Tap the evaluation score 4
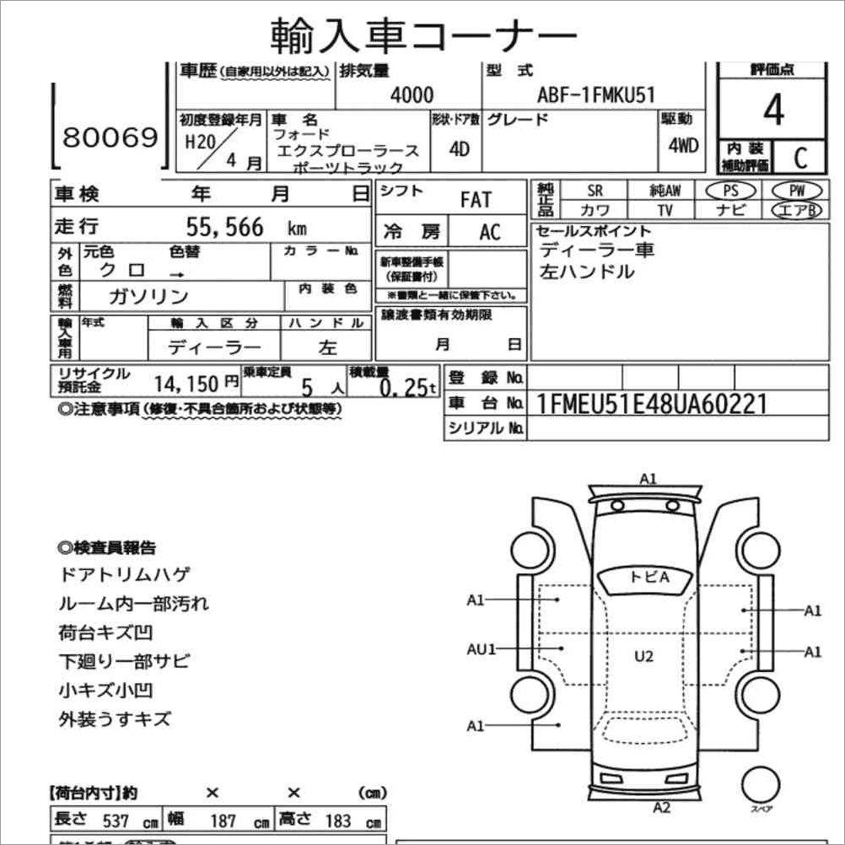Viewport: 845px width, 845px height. tap(772, 110)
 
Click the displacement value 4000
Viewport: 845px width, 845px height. tap(412, 95)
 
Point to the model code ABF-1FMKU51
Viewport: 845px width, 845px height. tap(595, 95)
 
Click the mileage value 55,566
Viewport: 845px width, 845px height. tap(224, 227)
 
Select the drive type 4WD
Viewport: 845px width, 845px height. tap(683, 144)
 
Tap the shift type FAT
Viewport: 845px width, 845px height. tap(476, 201)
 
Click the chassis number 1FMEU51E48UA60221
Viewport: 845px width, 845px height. tap(651, 405)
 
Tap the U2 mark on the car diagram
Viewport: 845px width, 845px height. tap(644, 656)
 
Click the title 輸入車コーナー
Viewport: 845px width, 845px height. tap(423, 35)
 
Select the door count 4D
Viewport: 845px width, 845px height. tap(459, 149)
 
